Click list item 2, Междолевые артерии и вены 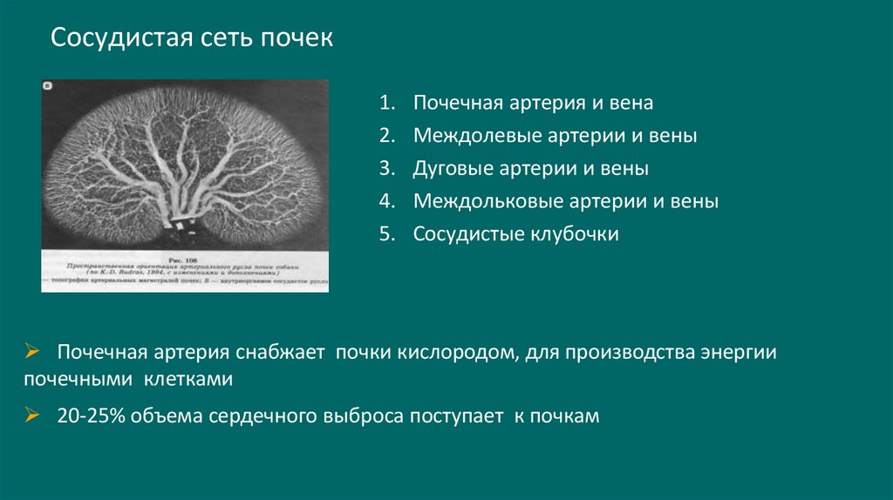[x=555, y=136]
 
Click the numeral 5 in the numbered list [x=385, y=234]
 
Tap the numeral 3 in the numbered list [x=385, y=169]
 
